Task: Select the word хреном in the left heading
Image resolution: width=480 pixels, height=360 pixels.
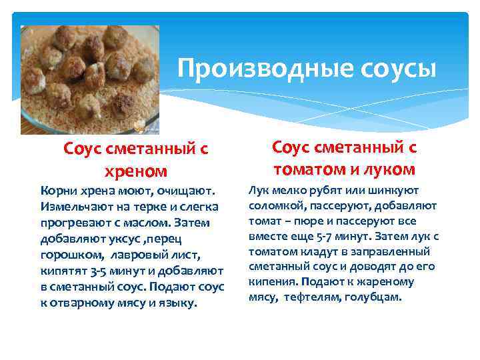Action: click(x=136, y=171)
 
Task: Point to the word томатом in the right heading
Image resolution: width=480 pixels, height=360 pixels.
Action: click(x=311, y=169)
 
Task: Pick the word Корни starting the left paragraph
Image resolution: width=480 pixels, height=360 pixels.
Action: click(x=57, y=190)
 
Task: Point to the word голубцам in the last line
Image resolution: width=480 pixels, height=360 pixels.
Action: click(x=374, y=297)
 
